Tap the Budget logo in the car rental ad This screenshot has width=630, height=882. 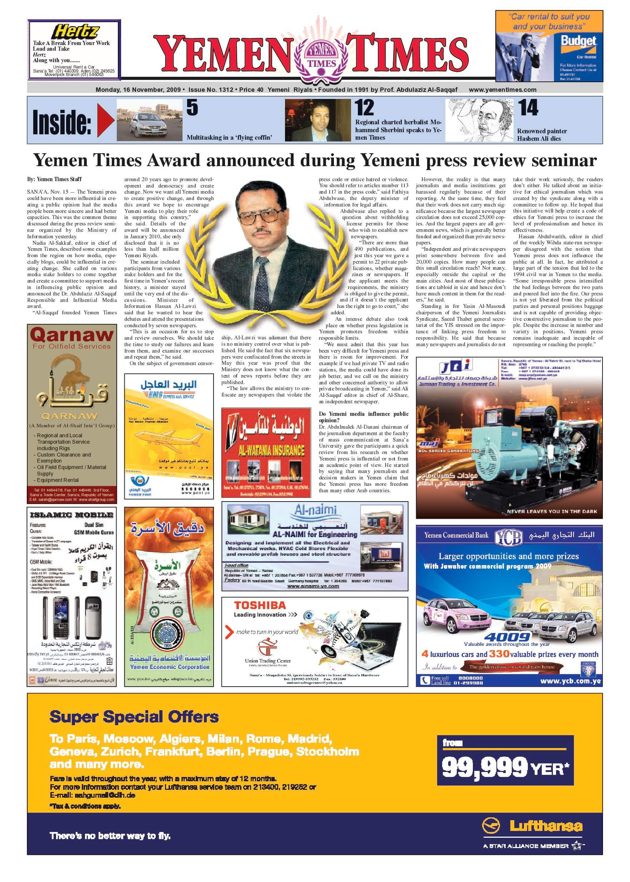pyautogui.click(x=578, y=41)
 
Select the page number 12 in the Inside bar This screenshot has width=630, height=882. pyautogui.click(x=364, y=108)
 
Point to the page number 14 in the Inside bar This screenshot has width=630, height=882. pyautogui.click(x=529, y=108)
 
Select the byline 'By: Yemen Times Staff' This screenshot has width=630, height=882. pyautogui.click(x=54, y=179)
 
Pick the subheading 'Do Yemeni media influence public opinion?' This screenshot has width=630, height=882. pyautogui.click(x=363, y=417)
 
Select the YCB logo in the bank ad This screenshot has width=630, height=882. pyautogui.click(x=509, y=537)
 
